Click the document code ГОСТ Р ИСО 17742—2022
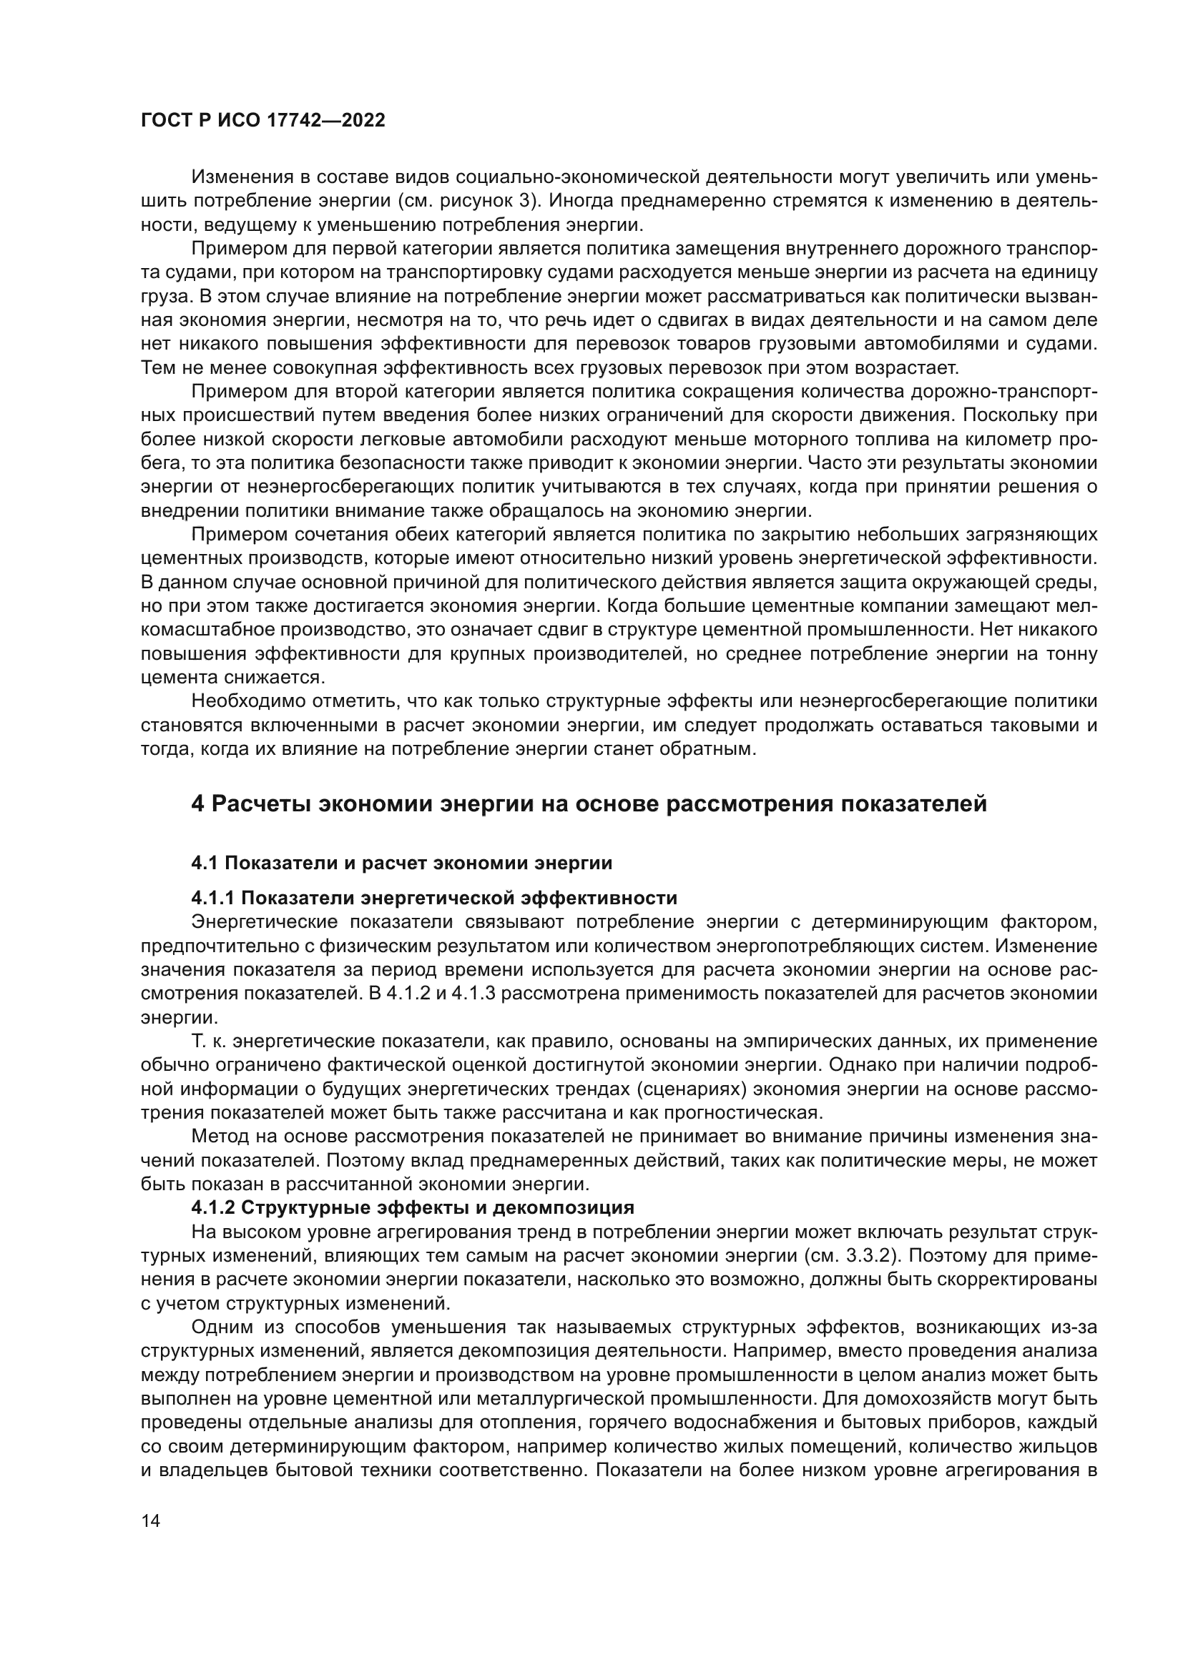262,121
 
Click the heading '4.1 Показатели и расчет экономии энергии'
401,863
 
